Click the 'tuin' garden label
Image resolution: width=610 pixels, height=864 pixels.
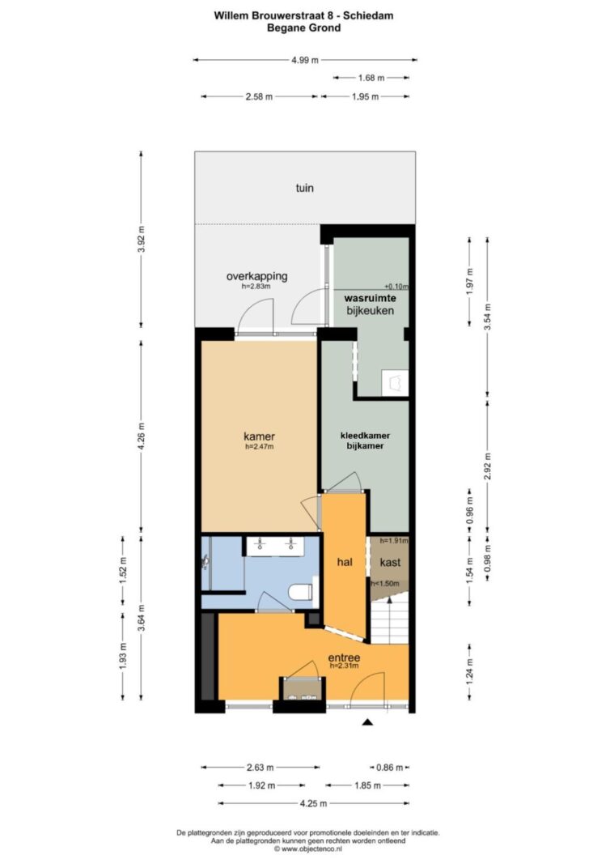point(304,188)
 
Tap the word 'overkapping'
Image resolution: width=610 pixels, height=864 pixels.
point(257,276)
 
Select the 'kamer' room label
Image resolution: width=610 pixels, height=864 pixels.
point(260,436)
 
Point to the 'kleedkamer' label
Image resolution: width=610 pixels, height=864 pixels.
point(366,436)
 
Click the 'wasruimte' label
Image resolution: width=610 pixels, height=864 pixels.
point(370,298)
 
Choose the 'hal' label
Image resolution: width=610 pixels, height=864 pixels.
point(345,562)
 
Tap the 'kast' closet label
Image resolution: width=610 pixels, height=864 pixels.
point(390,562)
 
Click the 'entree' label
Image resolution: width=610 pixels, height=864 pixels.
point(344,658)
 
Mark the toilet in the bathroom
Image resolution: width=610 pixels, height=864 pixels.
point(300,593)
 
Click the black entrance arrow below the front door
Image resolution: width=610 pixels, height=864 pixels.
point(367,721)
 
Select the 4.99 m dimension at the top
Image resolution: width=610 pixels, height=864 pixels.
point(305,60)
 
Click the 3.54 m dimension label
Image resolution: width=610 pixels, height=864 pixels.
point(487,317)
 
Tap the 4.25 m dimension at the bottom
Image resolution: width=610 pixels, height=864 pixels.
point(313,803)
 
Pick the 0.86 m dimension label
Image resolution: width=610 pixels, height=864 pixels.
point(390,767)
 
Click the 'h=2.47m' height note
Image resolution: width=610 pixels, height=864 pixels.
point(260,446)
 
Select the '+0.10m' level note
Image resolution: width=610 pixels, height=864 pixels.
point(396,287)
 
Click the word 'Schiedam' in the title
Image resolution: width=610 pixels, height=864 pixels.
point(368,15)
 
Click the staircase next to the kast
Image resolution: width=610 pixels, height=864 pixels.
point(390,617)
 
